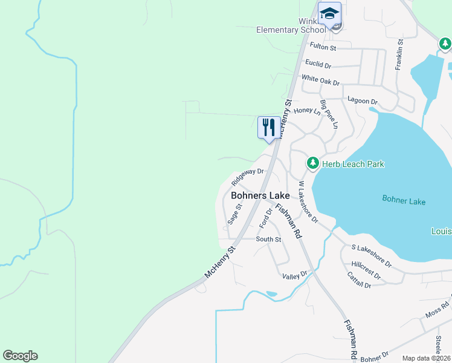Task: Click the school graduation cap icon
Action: tap(329, 13)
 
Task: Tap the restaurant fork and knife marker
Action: tap(269, 127)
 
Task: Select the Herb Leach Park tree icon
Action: tap(312, 163)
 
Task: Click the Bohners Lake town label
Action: tap(260, 195)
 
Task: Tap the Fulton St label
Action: tap(322, 47)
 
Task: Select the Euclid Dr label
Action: tap(318, 64)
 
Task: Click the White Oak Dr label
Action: tap(320, 80)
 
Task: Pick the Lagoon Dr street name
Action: tap(362, 102)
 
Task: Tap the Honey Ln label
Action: tap(306, 111)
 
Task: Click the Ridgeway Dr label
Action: tap(248, 176)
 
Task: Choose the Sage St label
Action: tap(234, 214)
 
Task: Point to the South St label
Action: tap(268, 240)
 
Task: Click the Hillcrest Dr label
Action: tap(366, 270)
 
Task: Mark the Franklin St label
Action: tap(399, 55)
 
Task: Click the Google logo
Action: tap(20, 356)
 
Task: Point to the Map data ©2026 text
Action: tap(426, 358)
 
